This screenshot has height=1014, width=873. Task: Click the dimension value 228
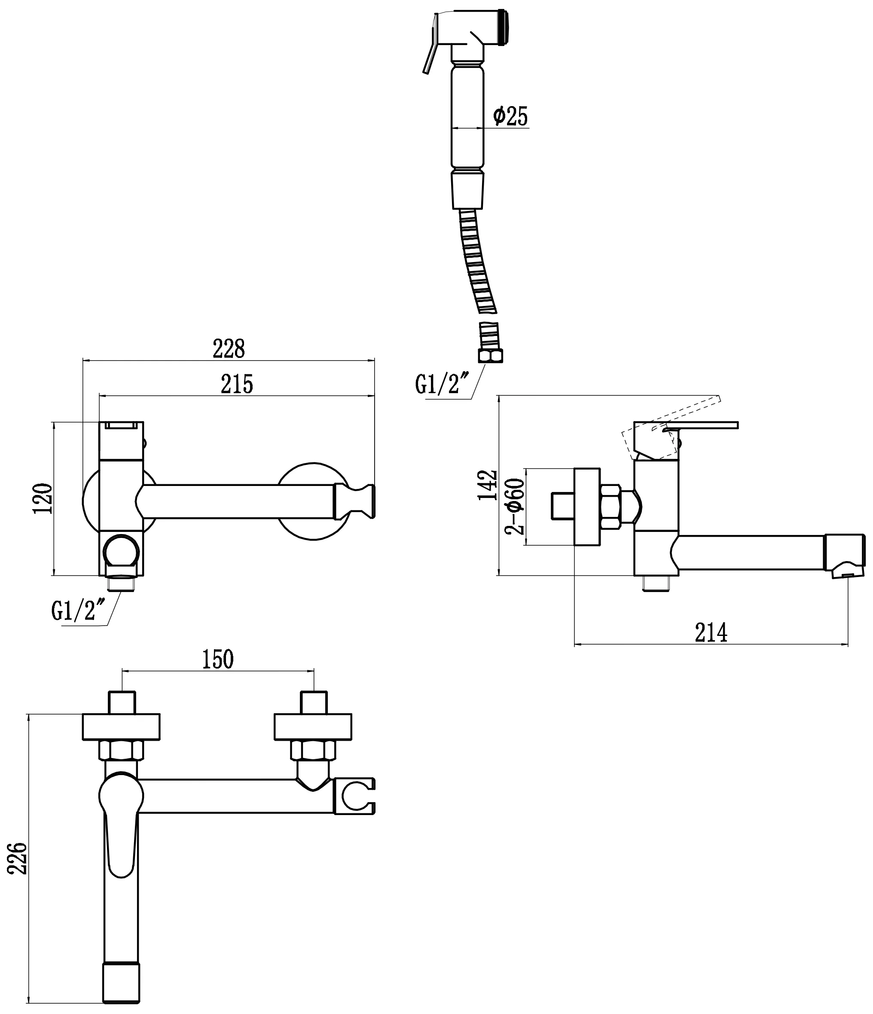(x=229, y=349)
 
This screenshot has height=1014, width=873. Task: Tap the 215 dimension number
(x=237, y=384)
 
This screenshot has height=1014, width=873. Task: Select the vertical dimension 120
(x=43, y=498)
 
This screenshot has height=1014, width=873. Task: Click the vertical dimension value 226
(x=18, y=858)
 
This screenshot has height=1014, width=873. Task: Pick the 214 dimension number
(x=711, y=632)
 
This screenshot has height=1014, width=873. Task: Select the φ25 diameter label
(x=510, y=116)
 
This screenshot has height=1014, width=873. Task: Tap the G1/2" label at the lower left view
(x=78, y=611)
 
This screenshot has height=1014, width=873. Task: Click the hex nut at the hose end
(x=490, y=356)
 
